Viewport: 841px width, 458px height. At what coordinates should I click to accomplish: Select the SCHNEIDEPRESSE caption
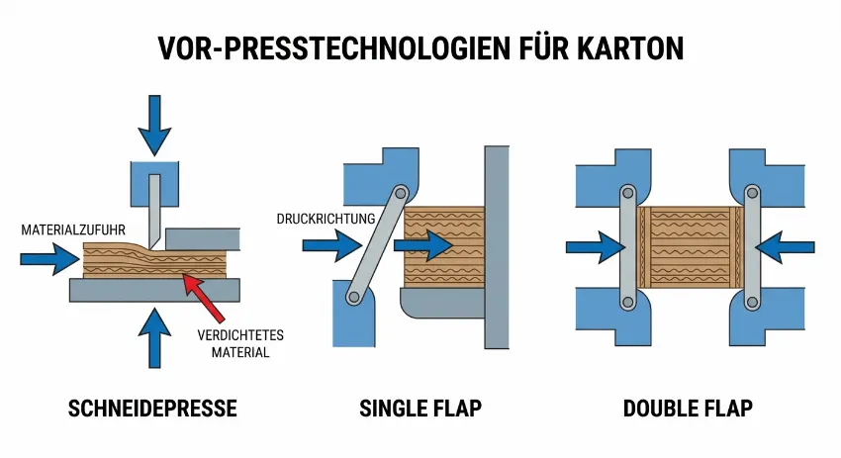click(153, 409)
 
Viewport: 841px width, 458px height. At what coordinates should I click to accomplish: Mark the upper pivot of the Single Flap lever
click(400, 195)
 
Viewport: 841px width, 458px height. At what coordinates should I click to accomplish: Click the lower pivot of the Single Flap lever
click(352, 293)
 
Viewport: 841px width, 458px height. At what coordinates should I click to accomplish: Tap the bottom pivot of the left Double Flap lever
click(625, 302)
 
